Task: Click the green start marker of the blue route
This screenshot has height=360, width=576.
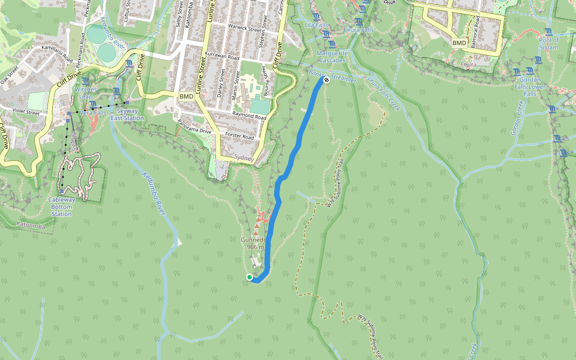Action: coord(250,277)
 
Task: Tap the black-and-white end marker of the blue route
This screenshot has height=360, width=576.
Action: coord(326,80)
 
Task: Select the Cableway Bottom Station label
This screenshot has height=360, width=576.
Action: coord(61,206)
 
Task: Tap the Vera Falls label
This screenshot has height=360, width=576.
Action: coord(93,112)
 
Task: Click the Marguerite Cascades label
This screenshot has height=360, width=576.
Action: coord(332,57)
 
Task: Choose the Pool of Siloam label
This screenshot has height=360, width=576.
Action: coord(548,44)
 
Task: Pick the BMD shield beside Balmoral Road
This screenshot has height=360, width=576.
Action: coord(459,43)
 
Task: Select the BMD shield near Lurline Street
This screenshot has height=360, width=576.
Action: coord(187,97)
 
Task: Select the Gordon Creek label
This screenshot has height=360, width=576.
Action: coord(519,118)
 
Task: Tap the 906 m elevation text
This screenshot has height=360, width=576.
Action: coord(255,247)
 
